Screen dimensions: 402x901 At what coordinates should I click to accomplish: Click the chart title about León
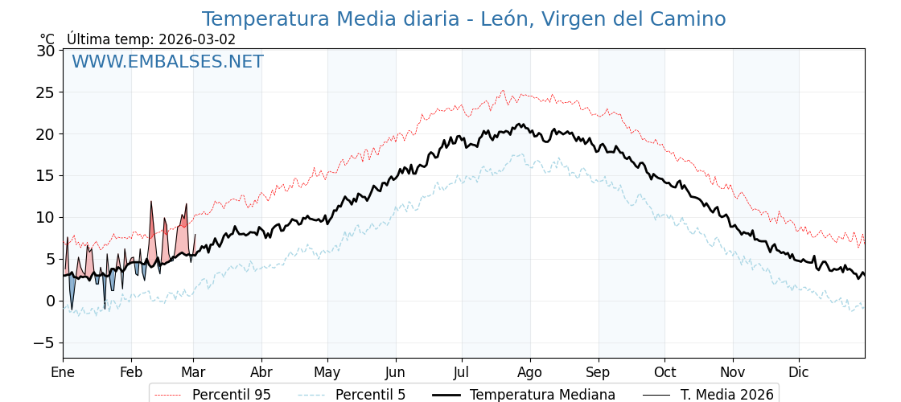463,19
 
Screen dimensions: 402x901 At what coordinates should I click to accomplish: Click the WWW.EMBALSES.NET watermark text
167,62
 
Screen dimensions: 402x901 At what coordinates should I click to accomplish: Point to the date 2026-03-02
197,39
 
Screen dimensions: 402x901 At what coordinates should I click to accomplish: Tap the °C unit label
47,39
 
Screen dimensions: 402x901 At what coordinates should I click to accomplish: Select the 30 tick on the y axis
46,51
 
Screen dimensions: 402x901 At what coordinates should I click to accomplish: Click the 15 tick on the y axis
46,175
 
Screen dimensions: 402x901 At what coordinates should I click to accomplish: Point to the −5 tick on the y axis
43,343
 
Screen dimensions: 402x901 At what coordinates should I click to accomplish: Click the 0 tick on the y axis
51,301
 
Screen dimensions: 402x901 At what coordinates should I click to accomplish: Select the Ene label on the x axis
63,372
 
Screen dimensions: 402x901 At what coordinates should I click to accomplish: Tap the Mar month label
193,372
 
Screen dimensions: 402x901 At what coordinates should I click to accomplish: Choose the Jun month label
395,372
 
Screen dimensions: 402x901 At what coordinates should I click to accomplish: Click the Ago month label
530,372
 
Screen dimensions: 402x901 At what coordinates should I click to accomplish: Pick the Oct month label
664,372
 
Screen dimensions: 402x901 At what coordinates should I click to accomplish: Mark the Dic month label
799,372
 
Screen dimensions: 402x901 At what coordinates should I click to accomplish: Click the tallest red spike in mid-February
150,203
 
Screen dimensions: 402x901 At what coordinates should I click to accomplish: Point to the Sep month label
599,372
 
